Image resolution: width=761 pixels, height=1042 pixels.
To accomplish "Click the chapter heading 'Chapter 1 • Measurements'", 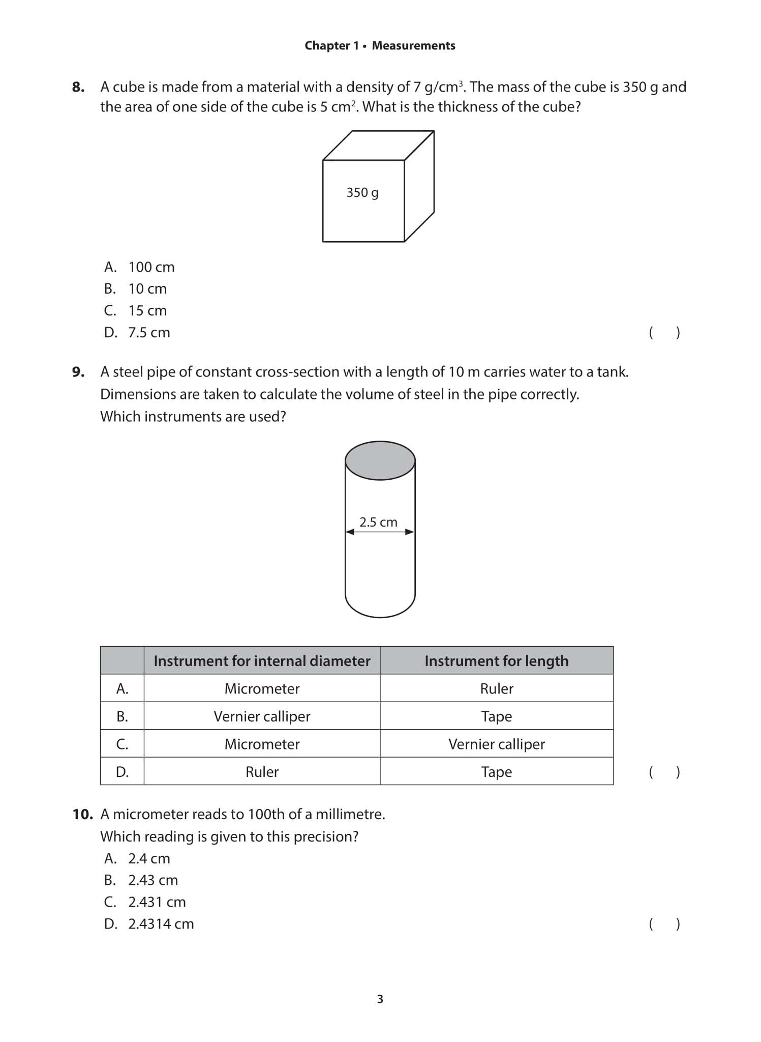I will point(380,46).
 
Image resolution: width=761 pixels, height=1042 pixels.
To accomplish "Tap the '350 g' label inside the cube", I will point(362,193).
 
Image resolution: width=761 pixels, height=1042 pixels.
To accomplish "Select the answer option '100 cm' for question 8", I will point(151,267).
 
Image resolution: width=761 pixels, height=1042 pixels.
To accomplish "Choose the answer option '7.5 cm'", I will point(149,333).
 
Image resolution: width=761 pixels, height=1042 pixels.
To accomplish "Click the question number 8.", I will point(78,87).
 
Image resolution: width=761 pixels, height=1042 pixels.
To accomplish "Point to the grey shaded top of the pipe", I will point(380,460).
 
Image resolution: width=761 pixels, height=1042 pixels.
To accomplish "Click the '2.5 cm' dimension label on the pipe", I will point(378,523).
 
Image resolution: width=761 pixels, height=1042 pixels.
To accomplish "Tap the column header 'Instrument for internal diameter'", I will point(262,661).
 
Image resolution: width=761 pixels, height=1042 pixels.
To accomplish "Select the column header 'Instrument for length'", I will point(496,661).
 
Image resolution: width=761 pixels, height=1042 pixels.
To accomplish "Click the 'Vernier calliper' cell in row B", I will point(262,716).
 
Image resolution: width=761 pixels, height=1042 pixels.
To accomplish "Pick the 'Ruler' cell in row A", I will point(496,689).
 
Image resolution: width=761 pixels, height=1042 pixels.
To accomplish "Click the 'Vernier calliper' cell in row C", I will point(496,744).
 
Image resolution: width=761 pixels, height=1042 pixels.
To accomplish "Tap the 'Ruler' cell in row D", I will point(262,772).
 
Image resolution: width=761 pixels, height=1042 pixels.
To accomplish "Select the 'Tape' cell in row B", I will point(496,716).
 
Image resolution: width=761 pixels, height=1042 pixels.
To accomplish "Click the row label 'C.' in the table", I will point(122,744).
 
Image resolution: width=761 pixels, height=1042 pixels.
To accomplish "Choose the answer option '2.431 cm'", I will point(157,902).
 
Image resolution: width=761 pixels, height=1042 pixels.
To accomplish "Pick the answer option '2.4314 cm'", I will point(161,924).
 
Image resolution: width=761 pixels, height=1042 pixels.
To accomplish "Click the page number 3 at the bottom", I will point(380,999).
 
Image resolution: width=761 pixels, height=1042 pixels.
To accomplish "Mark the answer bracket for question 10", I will point(664,924).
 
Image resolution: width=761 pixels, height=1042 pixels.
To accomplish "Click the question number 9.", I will point(78,372).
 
